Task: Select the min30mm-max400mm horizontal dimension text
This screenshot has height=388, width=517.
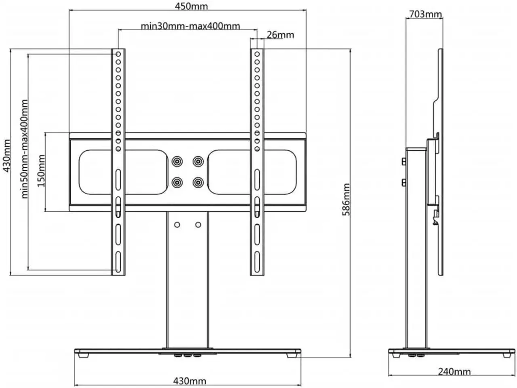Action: point(190,26)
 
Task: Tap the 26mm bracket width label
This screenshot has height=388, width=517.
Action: point(280,35)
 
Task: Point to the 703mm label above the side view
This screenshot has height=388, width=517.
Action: point(425,14)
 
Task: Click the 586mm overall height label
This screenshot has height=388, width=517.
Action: point(347,205)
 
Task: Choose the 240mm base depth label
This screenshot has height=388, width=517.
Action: point(454,371)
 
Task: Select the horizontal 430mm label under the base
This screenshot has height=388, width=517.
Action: point(189,381)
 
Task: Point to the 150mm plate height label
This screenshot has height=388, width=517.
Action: point(41,171)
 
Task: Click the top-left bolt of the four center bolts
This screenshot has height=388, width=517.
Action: point(177,162)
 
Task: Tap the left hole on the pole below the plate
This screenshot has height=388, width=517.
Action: point(177,224)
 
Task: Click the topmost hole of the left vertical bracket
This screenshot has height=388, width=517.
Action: point(118,54)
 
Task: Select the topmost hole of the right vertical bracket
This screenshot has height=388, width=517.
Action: point(256,54)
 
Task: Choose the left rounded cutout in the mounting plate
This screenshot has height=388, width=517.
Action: point(95,172)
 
